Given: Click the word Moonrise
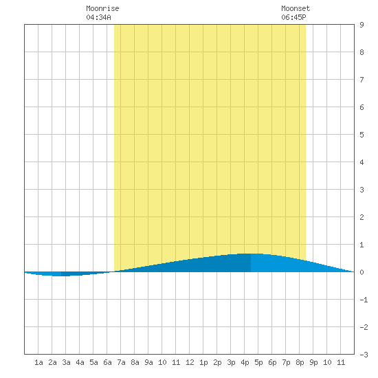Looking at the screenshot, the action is pyautogui.click(x=102, y=8).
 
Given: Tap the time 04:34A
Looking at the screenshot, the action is pyautogui.click(x=98, y=17).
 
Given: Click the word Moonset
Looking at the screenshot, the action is pyautogui.click(x=296, y=8).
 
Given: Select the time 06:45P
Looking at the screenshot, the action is pyautogui.click(x=293, y=17).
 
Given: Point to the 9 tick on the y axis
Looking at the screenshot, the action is pyautogui.click(x=362, y=25).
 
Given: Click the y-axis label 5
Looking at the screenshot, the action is pyautogui.click(x=362, y=135).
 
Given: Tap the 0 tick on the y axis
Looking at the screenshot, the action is pyautogui.click(x=362, y=272).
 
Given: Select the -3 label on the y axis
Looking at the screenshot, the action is pyautogui.click(x=364, y=355).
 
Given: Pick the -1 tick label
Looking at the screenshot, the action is pyautogui.click(x=364, y=300).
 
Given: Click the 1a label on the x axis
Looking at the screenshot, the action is pyautogui.click(x=38, y=362).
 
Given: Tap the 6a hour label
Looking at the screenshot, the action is pyautogui.click(x=107, y=362).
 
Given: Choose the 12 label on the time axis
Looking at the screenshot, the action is pyautogui.click(x=190, y=362).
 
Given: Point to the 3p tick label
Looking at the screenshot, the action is pyautogui.click(x=231, y=362).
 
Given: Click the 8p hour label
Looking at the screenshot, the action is pyautogui.click(x=300, y=362).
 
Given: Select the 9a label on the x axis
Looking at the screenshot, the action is pyautogui.click(x=148, y=362).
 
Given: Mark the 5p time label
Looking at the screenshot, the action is pyautogui.click(x=258, y=362).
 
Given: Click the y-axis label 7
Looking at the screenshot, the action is pyautogui.click(x=362, y=80).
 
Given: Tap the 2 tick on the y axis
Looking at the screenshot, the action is pyautogui.click(x=362, y=217).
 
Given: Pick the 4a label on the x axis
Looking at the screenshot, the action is pyautogui.click(x=80, y=362).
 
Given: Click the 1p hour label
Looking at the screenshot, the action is pyautogui.click(x=203, y=362).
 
